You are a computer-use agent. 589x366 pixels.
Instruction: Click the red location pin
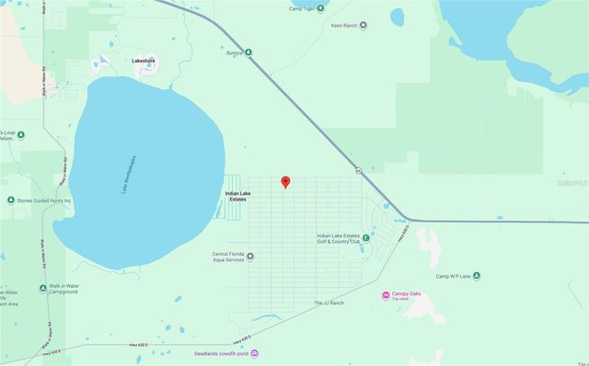[285, 181]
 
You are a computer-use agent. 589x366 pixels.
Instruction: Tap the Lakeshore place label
[144, 61]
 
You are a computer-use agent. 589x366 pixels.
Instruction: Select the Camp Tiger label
[302, 8]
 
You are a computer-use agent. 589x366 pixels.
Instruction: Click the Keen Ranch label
[343, 25]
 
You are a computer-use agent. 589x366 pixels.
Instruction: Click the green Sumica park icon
[248, 51]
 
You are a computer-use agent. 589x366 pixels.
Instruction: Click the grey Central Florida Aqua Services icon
[250, 257]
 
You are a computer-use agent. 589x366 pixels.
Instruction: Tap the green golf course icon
[366, 238]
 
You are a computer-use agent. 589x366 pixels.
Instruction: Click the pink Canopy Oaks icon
[385, 294]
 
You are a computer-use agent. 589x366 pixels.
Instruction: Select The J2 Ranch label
[328, 303]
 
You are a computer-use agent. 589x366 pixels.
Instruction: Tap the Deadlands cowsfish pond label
[221, 354]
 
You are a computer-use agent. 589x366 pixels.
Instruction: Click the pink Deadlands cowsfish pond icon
[255, 354]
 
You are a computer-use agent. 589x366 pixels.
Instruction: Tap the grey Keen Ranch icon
[364, 25]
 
